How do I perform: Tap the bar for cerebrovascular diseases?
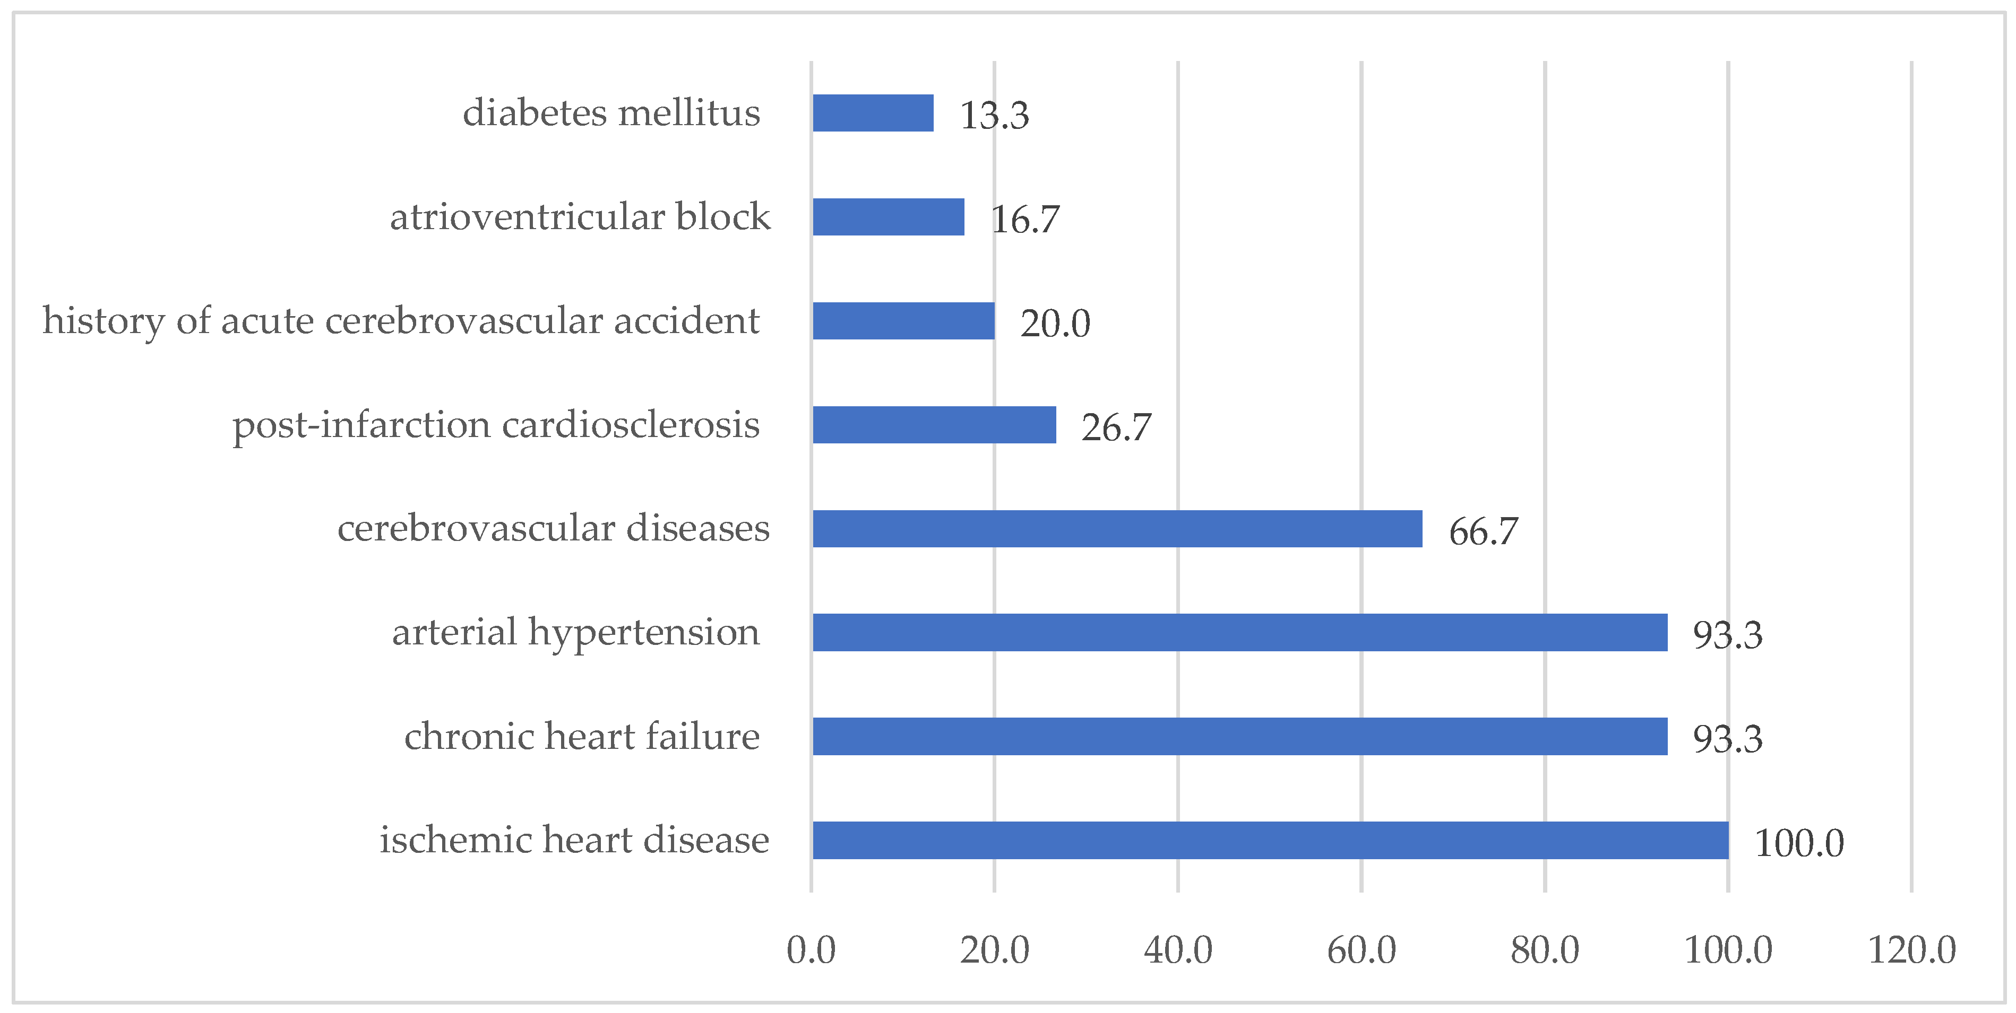click(x=1117, y=529)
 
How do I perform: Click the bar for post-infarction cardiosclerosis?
click(x=934, y=425)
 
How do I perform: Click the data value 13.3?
click(x=994, y=115)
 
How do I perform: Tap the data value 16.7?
click(x=1024, y=219)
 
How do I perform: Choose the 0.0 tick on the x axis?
click(x=811, y=950)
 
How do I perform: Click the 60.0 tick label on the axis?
click(x=1361, y=950)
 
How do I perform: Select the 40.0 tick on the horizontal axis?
click(x=1178, y=950)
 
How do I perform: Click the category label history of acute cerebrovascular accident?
click(x=401, y=321)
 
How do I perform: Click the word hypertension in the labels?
click(x=643, y=632)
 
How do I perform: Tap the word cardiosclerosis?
click(x=631, y=425)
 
